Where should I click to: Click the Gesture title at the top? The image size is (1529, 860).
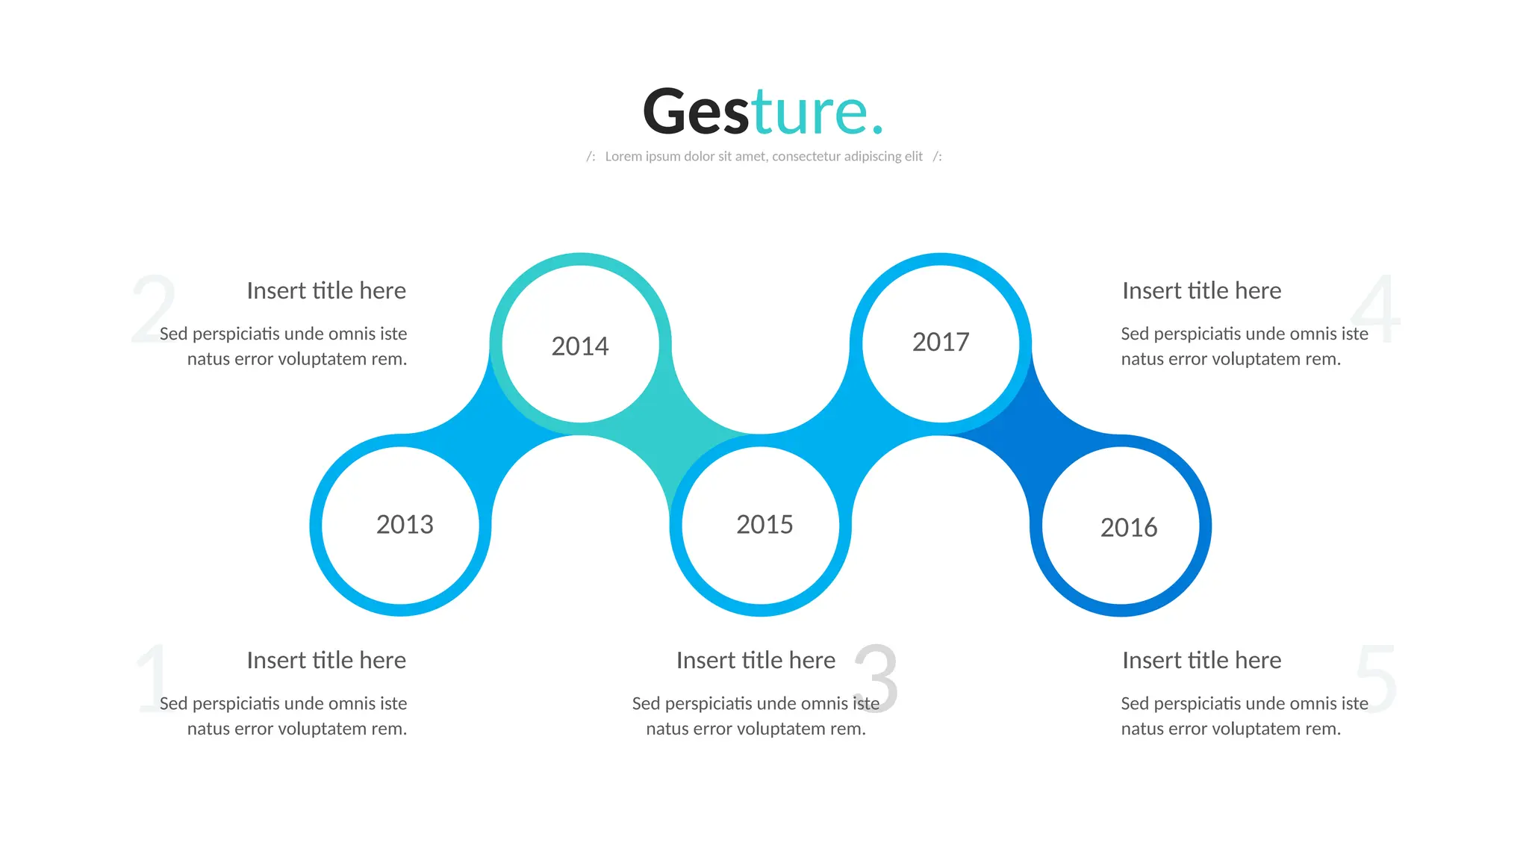[763, 111]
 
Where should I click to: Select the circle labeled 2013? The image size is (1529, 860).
[401, 526]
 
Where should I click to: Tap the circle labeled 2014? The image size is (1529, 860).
[580, 344]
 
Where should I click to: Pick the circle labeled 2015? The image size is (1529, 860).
[761, 526]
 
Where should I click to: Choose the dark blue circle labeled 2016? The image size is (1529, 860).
[1121, 526]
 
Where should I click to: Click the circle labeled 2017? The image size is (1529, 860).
[941, 343]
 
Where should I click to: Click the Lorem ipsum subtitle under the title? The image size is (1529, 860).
[764, 156]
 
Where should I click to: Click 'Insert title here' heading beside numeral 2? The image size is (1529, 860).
[326, 290]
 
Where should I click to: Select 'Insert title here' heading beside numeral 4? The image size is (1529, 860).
[1201, 290]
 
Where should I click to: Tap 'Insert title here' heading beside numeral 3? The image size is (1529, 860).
[756, 660]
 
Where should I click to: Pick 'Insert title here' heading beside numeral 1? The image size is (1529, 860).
[326, 660]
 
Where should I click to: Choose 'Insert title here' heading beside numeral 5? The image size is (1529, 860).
[1201, 660]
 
